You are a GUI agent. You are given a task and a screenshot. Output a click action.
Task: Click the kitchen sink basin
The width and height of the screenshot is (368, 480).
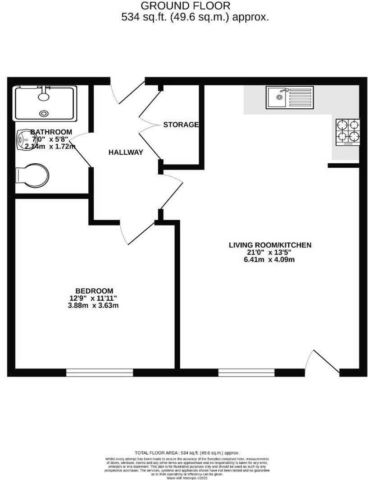(x=276, y=97)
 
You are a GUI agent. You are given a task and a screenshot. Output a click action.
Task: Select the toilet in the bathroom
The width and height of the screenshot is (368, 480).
(x=32, y=175)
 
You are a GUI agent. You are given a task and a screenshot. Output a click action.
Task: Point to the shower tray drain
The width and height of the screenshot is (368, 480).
(x=44, y=114)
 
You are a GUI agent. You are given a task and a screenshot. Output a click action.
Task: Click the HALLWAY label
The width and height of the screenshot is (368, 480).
(x=126, y=152)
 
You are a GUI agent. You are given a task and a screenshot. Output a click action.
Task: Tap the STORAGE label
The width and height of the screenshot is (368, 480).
(x=181, y=125)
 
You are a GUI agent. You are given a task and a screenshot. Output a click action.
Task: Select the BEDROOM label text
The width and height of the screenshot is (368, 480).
(x=94, y=291)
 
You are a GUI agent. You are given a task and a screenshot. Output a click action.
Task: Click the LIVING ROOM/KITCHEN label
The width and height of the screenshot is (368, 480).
(x=270, y=245)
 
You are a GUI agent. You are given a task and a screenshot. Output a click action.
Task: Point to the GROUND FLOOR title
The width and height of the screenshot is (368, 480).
(x=186, y=6)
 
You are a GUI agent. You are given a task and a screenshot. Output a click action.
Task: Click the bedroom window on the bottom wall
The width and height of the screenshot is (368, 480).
(x=100, y=373)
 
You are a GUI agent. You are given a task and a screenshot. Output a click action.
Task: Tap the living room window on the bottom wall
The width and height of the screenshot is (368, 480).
(x=246, y=373)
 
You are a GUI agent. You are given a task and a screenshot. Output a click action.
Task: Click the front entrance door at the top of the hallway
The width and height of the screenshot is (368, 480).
(x=128, y=92)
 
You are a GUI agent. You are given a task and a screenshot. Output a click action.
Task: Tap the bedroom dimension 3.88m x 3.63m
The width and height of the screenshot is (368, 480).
(x=94, y=305)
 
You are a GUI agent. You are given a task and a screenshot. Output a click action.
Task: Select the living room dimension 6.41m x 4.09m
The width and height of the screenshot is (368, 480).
(x=270, y=260)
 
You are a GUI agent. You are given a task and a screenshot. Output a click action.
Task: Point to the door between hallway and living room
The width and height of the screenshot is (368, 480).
(x=171, y=189)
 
